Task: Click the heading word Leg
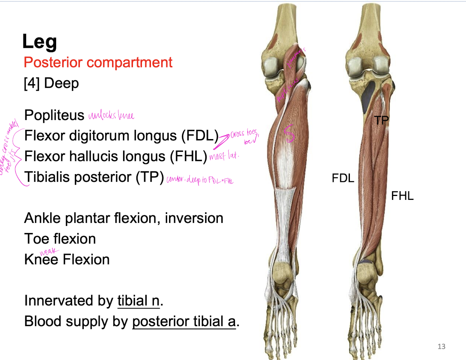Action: pyautogui.click(x=39, y=41)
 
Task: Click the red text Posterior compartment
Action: pyautogui.click(x=98, y=62)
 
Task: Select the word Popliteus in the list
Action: pyautogui.click(x=54, y=115)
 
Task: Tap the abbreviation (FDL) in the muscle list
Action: pyautogui.click(x=199, y=136)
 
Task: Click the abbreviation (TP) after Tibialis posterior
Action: pyautogui.click(x=149, y=177)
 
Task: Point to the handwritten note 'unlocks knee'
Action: pyautogui.click(x=111, y=116)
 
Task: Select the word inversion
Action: pyautogui.click(x=194, y=218)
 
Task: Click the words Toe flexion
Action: pyautogui.click(x=60, y=239)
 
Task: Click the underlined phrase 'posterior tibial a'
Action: pyautogui.click(x=184, y=322)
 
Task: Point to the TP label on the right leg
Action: pyautogui.click(x=381, y=120)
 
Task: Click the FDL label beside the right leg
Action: pyautogui.click(x=343, y=178)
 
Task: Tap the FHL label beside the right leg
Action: pyautogui.click(x=402, y=196)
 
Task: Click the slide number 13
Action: pyautogui.click(x=441, y=346)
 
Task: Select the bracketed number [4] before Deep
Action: pyautogui.click(x=32, y=83)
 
